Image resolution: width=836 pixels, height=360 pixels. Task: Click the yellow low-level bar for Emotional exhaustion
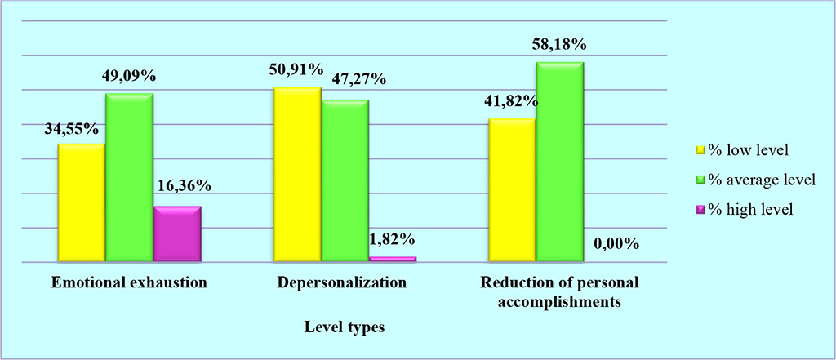[x=81, y=202]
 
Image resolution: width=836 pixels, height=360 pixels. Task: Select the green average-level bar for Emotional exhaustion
[x=129, y=178]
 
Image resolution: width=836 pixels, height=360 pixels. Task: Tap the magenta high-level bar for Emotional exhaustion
[x=177, y=234]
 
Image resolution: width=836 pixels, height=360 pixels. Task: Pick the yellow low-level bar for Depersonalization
[x=297, y=175]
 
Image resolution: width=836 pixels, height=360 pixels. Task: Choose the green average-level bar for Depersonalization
[x=345, y=181]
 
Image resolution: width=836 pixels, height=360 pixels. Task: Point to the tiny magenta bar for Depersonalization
[x=393, y=259]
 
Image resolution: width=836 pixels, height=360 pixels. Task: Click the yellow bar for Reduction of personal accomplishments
[x=512, y=190]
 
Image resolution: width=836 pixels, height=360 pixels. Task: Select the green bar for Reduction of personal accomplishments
[x=559, y=162]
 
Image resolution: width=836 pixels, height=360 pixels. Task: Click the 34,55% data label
[x=72, y=128]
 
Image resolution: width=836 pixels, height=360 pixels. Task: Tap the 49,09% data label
[x=129, y=77]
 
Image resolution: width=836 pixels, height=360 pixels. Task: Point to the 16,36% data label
[x=183, y=187]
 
